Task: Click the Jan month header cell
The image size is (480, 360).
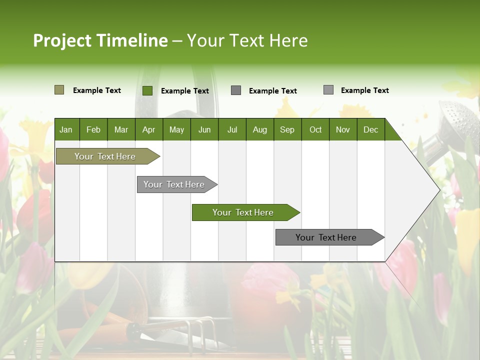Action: pos(66,129)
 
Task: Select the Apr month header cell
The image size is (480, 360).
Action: pos(149,129)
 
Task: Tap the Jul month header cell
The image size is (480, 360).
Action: pos(232,129)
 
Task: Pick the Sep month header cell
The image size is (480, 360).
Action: pos(287,129)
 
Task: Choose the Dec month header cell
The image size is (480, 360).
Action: pos(370,129)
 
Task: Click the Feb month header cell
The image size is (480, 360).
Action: pos(93,129)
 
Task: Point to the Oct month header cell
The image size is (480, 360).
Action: pos(315,129)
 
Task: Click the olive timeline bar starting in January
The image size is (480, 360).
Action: pos(105,156)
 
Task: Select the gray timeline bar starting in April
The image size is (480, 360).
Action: pos(174,184)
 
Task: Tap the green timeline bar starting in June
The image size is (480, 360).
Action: pos(243,212)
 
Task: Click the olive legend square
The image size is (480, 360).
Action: pos(59,90)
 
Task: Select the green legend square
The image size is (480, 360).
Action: pos(147,90)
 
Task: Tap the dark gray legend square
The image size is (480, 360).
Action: pos(236,90)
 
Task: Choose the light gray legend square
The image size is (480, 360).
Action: pos(328,90)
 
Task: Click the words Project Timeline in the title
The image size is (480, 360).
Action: pos(100,40)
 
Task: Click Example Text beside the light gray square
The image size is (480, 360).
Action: pos(364,90)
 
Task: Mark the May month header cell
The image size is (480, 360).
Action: pos(176,129)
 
